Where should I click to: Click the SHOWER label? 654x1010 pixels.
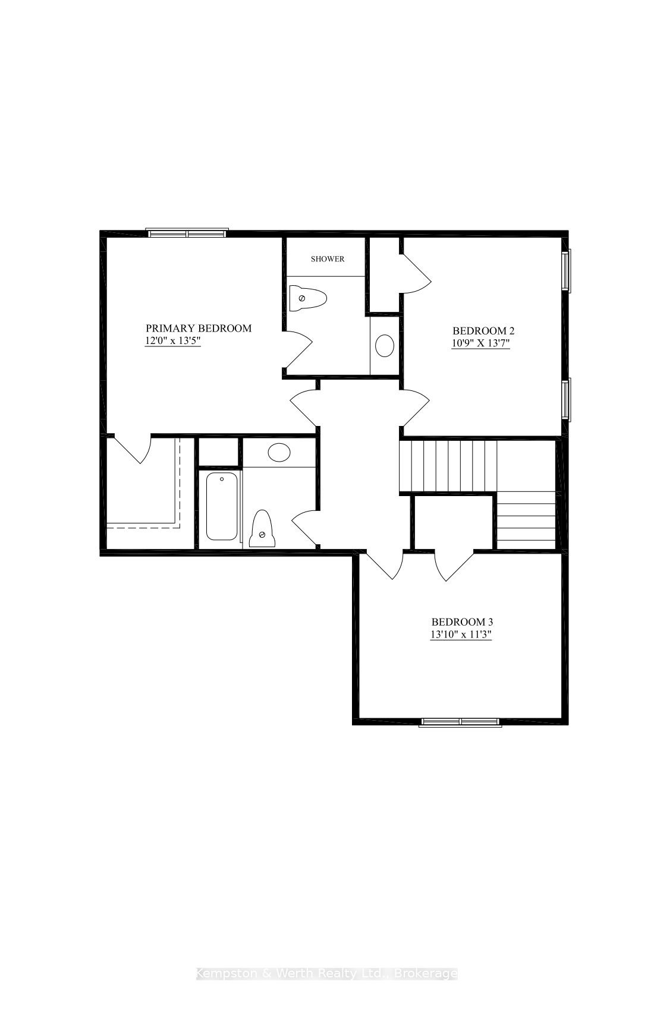(x=328, y=259)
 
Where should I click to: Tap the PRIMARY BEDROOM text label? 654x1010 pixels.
(x=199, y=328)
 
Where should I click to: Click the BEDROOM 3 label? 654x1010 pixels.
(x=462, y=621)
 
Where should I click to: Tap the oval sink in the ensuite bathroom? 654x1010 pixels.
(x=385, y=345)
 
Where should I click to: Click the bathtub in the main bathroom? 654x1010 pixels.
(x=221, y=506)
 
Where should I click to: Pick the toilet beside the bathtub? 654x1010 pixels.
(x=262, y=529)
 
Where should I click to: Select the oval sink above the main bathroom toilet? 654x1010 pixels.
(x=279, y=453)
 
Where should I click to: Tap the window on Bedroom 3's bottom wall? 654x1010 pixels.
(x=460, y=722)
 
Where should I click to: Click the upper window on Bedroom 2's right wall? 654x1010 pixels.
(x=567, y=271)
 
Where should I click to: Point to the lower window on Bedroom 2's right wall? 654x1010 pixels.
(x=567, y=399)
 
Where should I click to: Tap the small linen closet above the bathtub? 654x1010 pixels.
(x=218, y=452)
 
